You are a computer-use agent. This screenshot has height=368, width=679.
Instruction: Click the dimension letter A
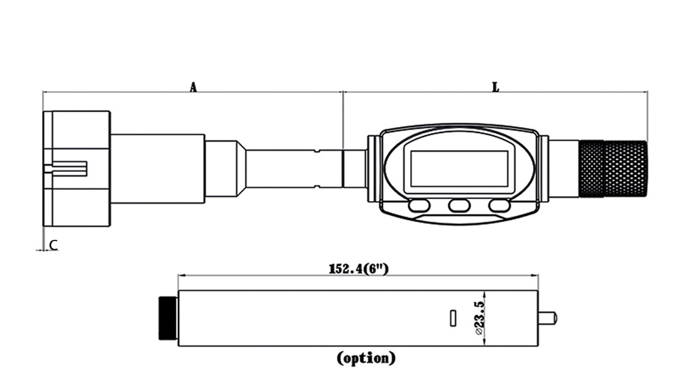click(193, 88)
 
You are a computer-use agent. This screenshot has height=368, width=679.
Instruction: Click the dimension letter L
click(496, 87)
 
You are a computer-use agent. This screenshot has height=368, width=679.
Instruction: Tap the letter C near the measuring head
click(53, 246)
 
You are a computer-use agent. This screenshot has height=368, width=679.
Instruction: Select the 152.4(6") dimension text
click(359, 269)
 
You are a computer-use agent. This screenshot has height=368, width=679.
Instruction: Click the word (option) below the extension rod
click(367, 358)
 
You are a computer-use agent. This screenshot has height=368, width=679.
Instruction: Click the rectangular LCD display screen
click(459, 169)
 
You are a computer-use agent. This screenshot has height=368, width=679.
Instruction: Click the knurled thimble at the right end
click(613, 168)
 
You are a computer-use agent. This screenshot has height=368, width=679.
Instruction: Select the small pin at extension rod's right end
click(548, 318)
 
